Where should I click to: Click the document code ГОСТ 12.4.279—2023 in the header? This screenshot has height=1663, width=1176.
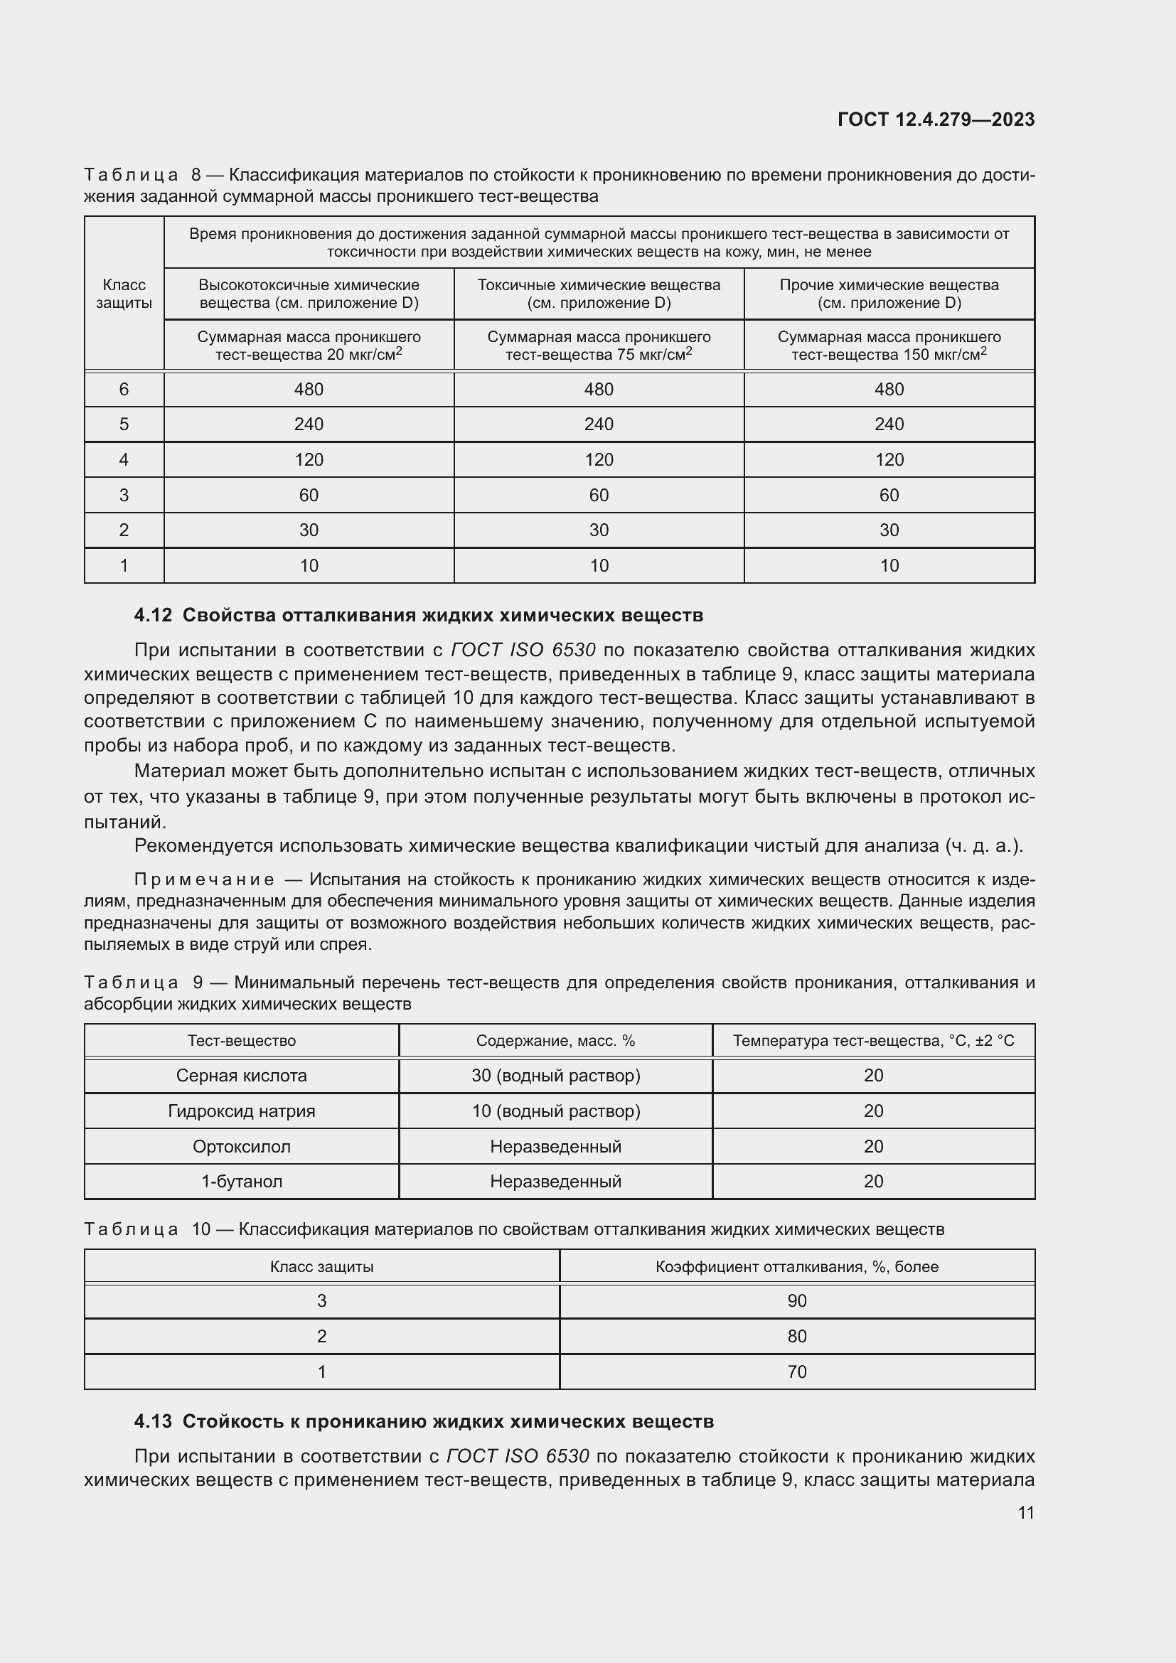(x=936, y=119)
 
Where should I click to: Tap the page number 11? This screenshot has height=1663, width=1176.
(x=1025, y=1512)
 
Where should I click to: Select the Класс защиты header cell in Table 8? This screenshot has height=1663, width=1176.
(x=124, y=294)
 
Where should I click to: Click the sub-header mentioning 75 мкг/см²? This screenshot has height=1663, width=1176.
(x=598, y=346)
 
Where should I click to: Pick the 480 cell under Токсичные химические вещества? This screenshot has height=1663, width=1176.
(x=598, y=390)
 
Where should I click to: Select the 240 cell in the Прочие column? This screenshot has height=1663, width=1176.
(x=889, y=424)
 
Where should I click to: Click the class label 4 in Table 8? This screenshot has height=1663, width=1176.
(x=124, y=460)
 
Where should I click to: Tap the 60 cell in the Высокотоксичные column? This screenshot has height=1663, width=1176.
(x=309, y=496)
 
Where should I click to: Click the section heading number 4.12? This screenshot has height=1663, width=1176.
(x=153, y=616)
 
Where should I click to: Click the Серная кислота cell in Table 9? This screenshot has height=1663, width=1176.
(x=241, y=1076)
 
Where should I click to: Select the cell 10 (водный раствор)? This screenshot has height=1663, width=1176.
(x=555, y=1111)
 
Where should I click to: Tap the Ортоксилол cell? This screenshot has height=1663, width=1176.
(x=241, y=1147)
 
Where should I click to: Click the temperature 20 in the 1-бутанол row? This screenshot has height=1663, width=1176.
(x=873, y=1182)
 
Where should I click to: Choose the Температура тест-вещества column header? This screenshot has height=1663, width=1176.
(x=873, y=1041)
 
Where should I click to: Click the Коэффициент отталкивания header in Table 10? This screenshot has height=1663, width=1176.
(x=796, y=1267)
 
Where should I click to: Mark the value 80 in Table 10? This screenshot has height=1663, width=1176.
(x=796, y=1337)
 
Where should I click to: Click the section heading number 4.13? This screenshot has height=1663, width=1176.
(x=153, y=1422)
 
